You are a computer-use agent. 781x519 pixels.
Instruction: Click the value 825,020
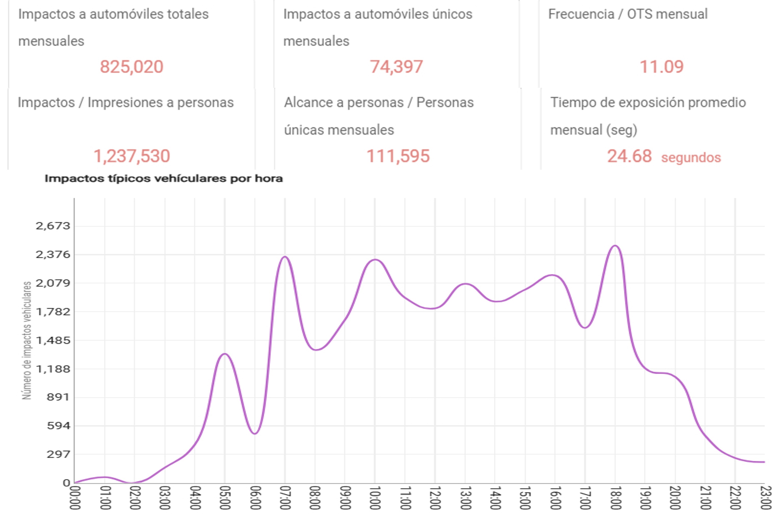pos(132,67)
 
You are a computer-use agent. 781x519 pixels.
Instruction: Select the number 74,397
pos(396,67)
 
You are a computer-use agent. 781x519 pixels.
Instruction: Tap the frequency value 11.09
pos(661,67)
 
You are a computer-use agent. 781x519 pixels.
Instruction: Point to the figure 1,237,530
pos(132,156)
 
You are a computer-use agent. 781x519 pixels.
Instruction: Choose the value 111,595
pos(398,156)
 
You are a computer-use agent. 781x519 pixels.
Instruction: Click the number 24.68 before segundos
pos(629,156)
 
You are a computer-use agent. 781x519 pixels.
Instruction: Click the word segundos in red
pos(691,157)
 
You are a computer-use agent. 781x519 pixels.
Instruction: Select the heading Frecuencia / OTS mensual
pos(628,14)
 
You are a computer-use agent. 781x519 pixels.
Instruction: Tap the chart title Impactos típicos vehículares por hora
pos(164,179)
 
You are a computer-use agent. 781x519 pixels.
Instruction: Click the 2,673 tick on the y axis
pos(53,226)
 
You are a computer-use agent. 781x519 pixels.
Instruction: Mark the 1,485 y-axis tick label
pos(53,340)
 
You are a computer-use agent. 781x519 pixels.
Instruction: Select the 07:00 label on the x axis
pos(285,498)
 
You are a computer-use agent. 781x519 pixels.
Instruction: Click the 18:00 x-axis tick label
pos(615,498)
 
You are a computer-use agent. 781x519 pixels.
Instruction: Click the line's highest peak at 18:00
pos(615,246)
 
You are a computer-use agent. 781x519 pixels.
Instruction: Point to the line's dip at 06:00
pos(255,433)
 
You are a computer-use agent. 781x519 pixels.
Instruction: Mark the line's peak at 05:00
pos(225,354)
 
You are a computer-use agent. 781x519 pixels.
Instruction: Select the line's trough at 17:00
pos(585,328)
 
